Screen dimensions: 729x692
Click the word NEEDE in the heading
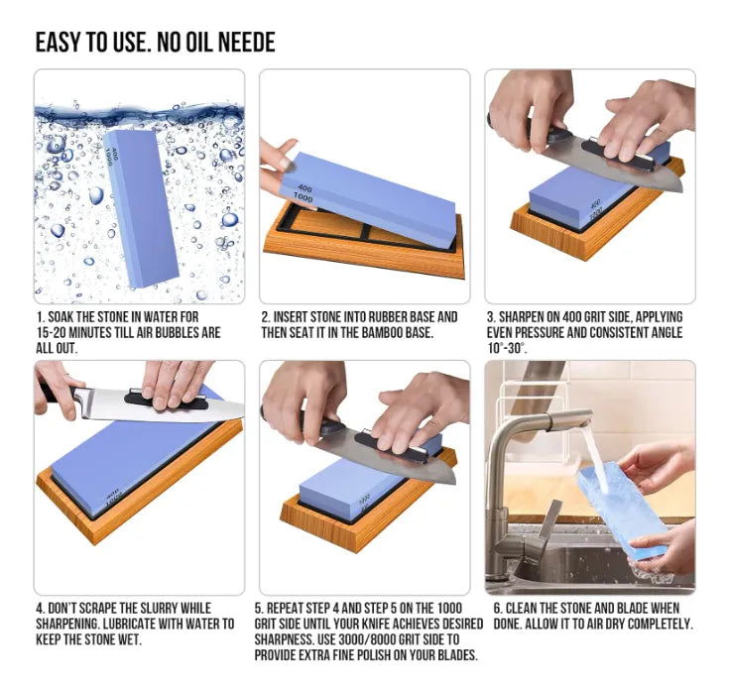pyautogui.click(x=247, y=43)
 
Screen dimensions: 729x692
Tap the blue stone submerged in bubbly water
pyautogui.click(x=141, y=208)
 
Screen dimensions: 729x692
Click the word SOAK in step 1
pyautogui.click(x=61, y=317)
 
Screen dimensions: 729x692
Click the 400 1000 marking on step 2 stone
pyautogui.click(x=304, y=193)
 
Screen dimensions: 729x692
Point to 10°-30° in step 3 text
pyautogui.click(x=507, y=348)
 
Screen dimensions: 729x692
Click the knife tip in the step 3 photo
pyautogui.click(x=681, y=189)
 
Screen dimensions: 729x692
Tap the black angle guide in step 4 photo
pyautogui.click(x=166, y=402)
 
